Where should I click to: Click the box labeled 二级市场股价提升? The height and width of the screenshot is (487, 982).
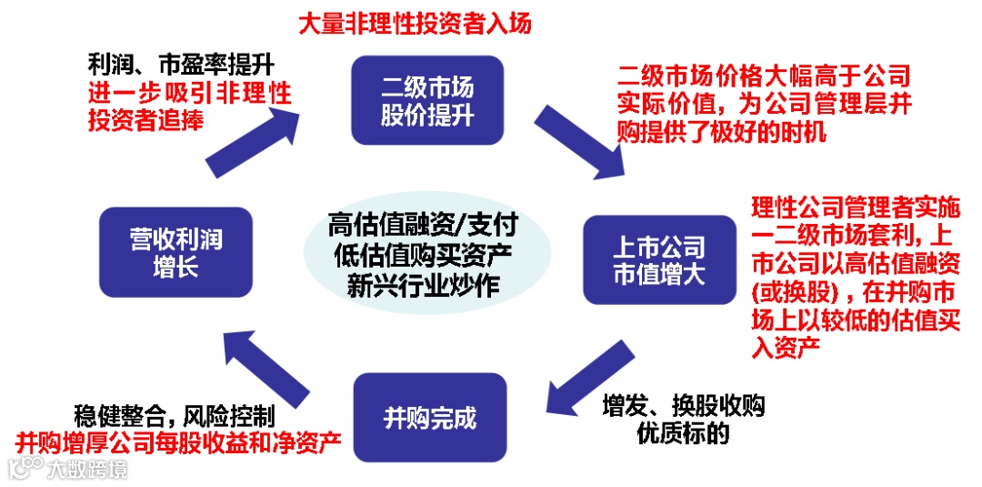(426, 100)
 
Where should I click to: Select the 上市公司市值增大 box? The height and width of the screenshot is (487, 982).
(658, 259)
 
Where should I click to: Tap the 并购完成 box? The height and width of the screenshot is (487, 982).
(430, 419)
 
